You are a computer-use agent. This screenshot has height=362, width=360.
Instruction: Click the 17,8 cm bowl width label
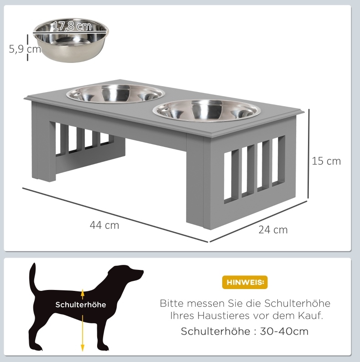coord(72,26)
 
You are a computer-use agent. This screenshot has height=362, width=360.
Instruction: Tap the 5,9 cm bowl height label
coord(25,49)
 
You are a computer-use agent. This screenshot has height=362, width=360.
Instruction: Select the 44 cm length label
coord(104,225)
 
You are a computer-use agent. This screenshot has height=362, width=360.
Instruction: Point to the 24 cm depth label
coord(273,230)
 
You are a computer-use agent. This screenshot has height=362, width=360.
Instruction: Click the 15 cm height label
coord(326,161)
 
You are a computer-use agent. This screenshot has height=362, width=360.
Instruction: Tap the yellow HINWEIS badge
coord(245,282)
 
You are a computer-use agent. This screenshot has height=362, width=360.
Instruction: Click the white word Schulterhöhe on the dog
coord(81,305)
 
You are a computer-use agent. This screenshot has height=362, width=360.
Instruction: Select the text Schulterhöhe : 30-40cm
coord(245,331)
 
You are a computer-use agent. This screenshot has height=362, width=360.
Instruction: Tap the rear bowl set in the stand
coord(115,93)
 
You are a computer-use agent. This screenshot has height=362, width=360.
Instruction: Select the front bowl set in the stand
coord(207,110)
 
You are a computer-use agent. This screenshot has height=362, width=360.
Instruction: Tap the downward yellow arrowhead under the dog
coord(83,348)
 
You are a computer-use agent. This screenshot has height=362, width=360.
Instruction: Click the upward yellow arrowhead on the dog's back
coord(83,292)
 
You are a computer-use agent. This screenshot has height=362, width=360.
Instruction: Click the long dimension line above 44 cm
coord(115,215)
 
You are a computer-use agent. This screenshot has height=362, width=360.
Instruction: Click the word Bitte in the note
coord(172,303)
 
